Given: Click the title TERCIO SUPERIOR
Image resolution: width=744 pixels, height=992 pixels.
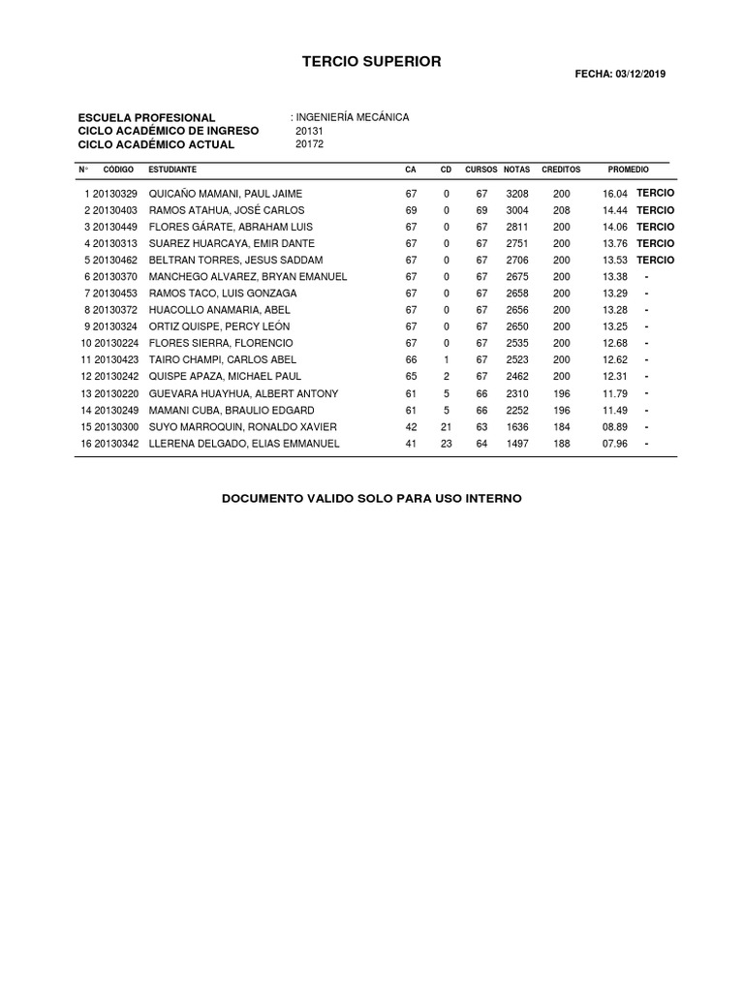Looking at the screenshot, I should click(x=371, y=62).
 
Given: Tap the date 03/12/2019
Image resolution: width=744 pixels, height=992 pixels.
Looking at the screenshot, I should click(x=640, y=74).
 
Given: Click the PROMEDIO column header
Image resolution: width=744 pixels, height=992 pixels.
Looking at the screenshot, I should click(x=628, y=170).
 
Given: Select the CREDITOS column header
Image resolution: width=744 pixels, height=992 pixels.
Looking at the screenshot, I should click(x=561, y=170).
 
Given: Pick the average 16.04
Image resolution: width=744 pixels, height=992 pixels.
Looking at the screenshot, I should click(x=615, y=194).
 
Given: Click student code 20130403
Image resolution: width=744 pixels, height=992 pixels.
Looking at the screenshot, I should click(x=115, y=210).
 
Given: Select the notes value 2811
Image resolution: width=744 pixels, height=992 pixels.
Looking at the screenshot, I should click(x=517, y=227).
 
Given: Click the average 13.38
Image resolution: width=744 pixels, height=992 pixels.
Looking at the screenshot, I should click(x=615, y=277).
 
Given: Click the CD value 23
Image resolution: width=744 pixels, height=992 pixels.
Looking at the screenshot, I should click(x=447, y=444).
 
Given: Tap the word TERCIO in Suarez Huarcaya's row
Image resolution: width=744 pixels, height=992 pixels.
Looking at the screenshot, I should click(x=656, y=243).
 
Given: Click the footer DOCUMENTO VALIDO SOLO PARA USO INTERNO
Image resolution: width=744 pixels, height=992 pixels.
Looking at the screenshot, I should click(x=372, y=498).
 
